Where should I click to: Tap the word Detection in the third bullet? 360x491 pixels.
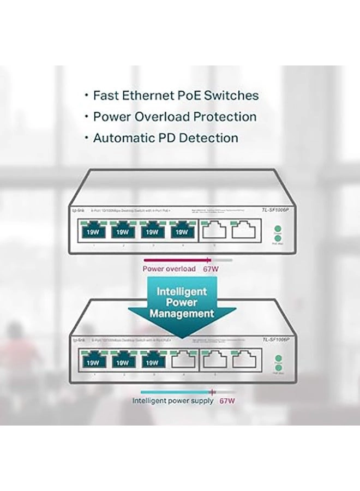click(210, 138)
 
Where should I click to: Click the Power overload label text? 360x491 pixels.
click(169, 269)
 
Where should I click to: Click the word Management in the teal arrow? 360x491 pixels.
click(182, 314)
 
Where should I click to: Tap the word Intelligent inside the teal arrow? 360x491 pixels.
click(182, 291)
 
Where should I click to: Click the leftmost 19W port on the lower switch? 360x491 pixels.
click(92, 362)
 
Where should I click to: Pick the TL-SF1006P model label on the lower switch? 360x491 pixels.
click(275, 340)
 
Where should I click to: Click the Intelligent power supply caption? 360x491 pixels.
click(172, 401)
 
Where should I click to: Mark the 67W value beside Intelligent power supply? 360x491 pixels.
click(227, 401)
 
